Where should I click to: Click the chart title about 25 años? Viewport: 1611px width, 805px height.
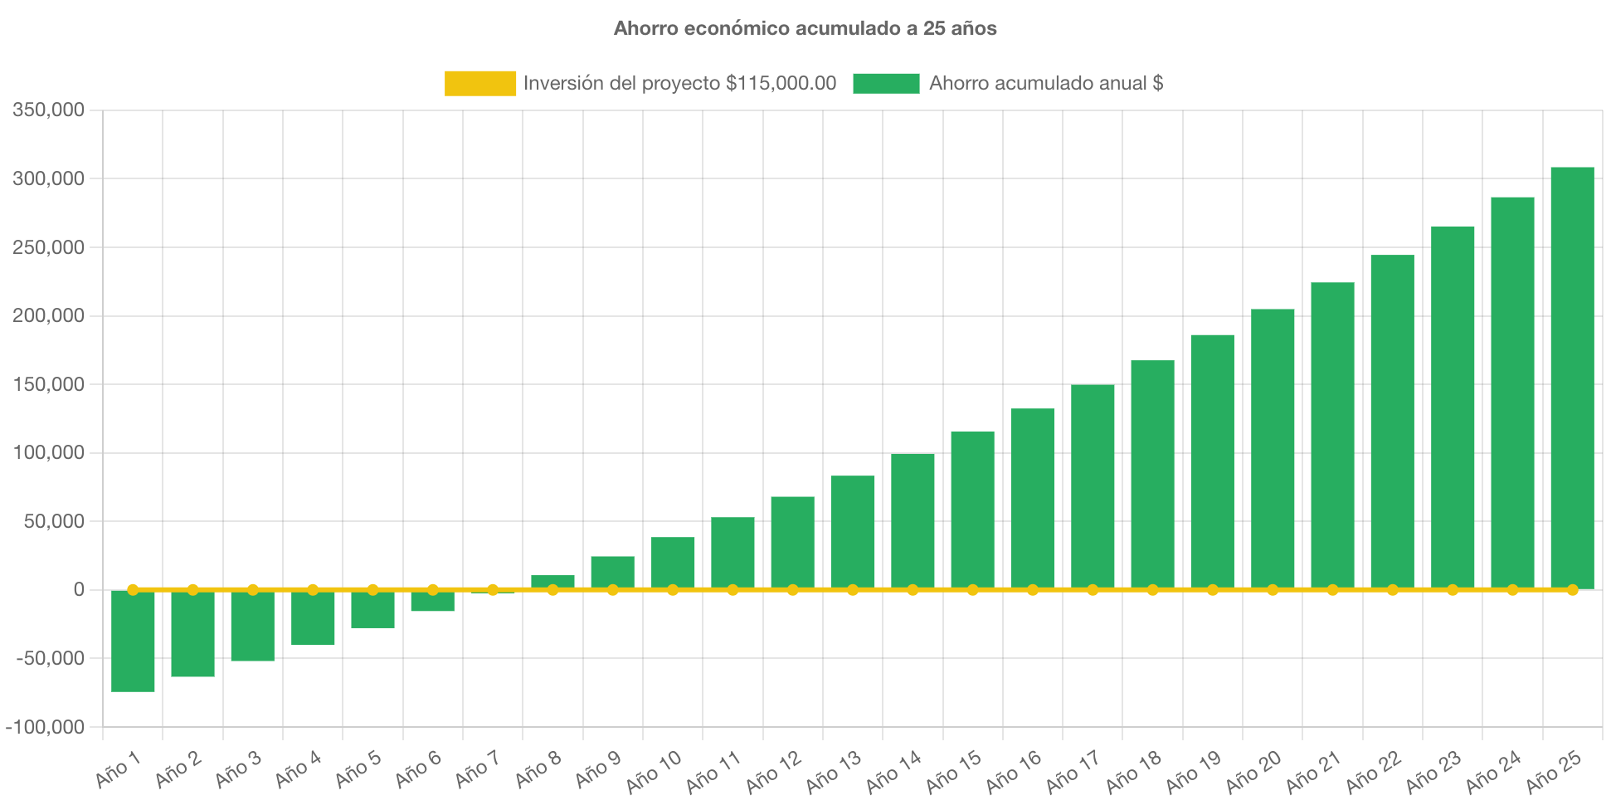coord(805,28)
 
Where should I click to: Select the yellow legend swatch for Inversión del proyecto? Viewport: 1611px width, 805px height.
coord(479,83)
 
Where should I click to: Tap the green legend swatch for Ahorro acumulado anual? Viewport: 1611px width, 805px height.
coord(885,83)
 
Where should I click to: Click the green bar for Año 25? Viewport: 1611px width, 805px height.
coord(1572,378)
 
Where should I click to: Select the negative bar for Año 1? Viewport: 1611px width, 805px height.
coord(133,641)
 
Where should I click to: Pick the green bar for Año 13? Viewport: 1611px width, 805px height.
coord(853,531)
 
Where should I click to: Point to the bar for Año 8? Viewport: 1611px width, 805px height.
coord(552,581)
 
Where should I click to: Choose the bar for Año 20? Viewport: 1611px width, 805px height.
coord(1273,448)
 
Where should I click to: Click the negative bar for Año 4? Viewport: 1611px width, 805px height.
coord(313,618)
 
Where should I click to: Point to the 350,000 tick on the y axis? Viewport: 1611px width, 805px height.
coord(48,110)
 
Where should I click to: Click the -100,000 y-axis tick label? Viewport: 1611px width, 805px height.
coord(45,727)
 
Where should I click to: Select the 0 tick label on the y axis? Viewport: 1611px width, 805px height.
coord(79,589)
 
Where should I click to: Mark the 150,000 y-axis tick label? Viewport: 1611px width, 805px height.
coord(48,384)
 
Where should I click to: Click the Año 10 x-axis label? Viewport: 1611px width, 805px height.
coord(655,772)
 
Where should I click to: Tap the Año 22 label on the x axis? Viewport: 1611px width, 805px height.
coord(1374,772)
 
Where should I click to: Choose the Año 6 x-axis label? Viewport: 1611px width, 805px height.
coord(418,770)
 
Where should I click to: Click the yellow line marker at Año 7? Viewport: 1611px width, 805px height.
coord(493,589)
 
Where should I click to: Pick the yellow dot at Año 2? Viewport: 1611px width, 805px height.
coord(192,589)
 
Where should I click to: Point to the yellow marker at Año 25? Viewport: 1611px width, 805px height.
coord(1572,589)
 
